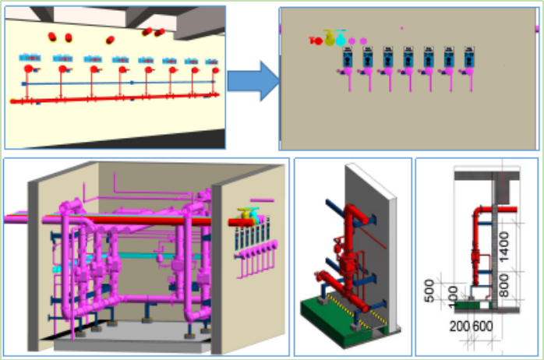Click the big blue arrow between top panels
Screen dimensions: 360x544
[256, 82]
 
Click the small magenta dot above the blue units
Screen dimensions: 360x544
[402, 28]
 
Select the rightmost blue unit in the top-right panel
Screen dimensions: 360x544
[468, 55]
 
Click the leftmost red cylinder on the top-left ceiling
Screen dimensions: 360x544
[52, 37]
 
